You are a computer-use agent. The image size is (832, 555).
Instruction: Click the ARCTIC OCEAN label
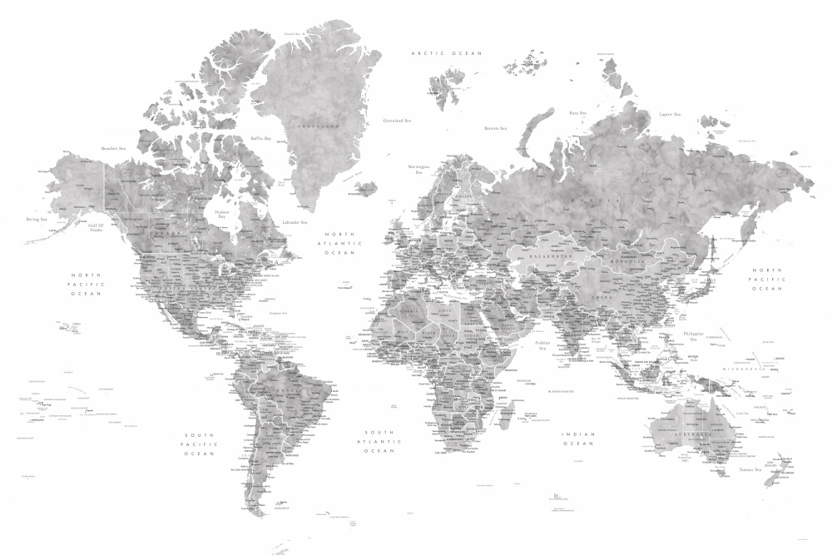point(447,53)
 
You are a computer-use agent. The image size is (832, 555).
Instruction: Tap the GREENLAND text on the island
point(319,126)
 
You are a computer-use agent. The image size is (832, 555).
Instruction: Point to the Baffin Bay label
point(261,138)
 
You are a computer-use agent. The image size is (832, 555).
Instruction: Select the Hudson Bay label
point(220,215)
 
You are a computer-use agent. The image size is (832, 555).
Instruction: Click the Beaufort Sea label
point(113,148)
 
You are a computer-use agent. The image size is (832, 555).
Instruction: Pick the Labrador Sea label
point(295,222)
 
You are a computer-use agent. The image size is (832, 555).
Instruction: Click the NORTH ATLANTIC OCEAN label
point(339,243)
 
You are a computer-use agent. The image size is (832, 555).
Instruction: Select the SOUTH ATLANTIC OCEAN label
point(379,441)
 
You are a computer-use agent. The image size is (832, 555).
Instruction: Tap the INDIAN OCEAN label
point(578,439)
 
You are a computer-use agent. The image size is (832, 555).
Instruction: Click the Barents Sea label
point(496,129)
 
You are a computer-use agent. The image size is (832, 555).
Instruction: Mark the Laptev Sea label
point(670,114)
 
